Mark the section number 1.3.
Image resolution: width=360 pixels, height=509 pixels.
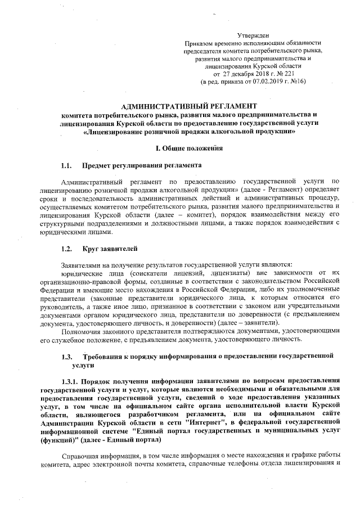point(66,357)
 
